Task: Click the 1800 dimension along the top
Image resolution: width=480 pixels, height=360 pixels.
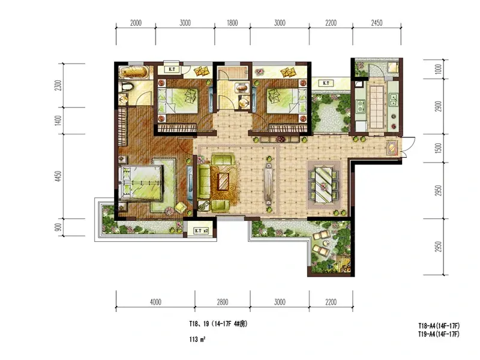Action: [232, 23]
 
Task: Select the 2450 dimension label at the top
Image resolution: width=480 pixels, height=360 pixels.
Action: [377, 23]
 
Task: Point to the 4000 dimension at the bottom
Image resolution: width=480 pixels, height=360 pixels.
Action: [155, 302]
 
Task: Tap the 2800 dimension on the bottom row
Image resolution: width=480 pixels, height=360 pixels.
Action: [223, 302]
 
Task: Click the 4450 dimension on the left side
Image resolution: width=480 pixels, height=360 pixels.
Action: [58, 176]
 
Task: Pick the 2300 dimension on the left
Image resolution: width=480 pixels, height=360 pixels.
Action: [58, 85]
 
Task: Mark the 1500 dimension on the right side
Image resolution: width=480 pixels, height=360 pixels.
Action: [439, 148]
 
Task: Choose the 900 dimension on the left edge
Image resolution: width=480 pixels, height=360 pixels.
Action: [58, 227]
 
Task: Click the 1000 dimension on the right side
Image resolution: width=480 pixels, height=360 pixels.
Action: [439, 69]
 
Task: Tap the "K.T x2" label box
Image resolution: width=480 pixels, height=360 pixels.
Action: [202, 231]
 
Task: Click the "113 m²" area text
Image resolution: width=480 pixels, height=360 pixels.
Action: [197, 339]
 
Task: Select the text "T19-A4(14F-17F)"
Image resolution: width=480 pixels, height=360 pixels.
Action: [439, 334]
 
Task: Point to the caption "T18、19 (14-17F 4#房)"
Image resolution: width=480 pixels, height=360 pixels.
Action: [218, 324]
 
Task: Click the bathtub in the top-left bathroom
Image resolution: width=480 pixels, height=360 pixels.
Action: [133, 72]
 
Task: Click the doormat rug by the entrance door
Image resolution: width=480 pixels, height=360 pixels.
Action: [392, 148]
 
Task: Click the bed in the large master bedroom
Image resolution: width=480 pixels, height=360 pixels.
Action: [141, 183]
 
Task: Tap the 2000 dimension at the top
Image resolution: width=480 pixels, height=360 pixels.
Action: [136, 23]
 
